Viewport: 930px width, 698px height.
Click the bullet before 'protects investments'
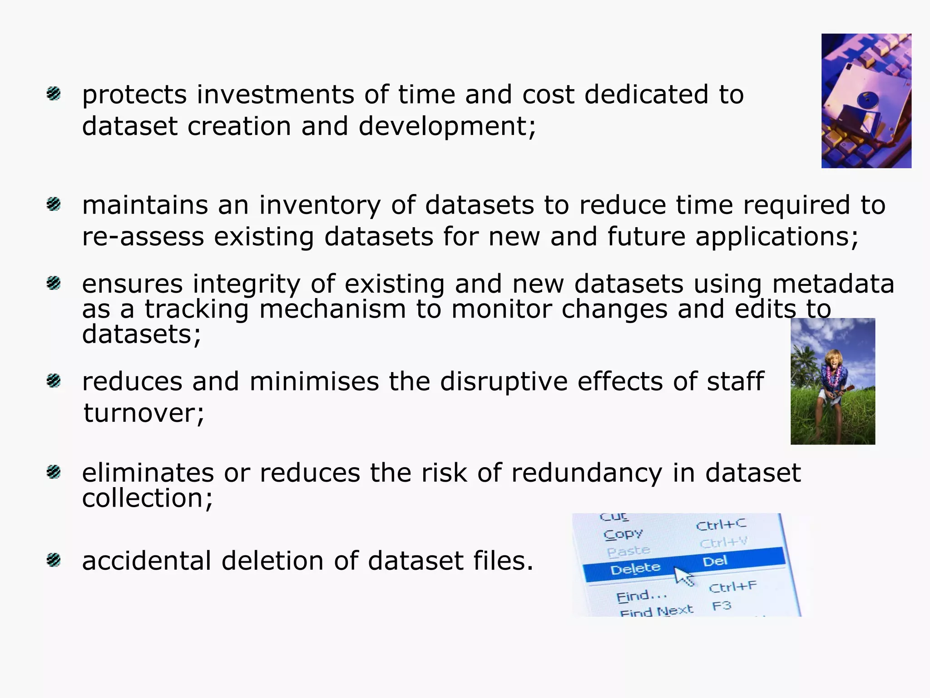pos(54,94)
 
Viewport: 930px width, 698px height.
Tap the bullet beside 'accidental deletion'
pos(54,560)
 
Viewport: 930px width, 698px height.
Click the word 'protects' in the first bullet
pos(134,95)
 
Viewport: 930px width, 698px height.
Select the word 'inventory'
pos(320,205)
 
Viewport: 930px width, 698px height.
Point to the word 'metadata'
pos(833,284)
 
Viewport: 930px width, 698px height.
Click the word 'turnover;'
pos(144,414)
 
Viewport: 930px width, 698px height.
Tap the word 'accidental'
pos(146,561)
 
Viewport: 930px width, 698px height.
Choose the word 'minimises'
pos(314,381)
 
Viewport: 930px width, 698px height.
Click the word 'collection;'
pos(147,499)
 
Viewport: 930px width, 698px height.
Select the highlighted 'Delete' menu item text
pos(635,568)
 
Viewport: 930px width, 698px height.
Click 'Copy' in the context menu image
pos(623,534)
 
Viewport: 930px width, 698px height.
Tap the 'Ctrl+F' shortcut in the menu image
pos(732,587)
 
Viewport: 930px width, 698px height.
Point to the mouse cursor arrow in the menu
pos(683,576)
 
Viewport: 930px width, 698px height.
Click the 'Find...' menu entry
pos(641,596)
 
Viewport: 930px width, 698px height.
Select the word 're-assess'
pos(143,237)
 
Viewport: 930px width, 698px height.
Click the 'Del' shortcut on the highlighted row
pos(715,562)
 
